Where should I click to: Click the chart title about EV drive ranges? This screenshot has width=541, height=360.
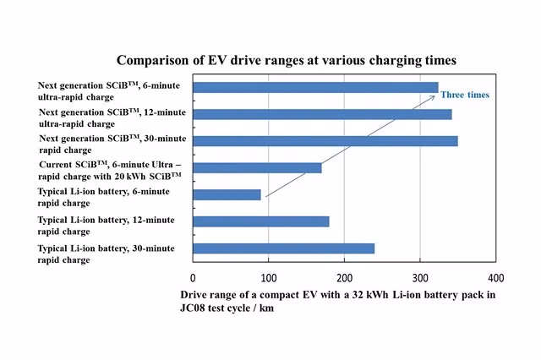(287, 60)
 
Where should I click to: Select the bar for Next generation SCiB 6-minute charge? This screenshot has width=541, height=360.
(315, 87)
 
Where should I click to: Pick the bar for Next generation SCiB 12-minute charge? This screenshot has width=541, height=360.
(323, 114)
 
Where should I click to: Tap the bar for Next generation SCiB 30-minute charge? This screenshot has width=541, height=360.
(325, 141)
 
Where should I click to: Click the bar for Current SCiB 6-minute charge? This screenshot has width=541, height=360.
(257, 168)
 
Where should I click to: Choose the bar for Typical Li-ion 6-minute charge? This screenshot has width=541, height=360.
(227, 195)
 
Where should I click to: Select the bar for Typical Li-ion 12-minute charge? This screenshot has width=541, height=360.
(261, 221)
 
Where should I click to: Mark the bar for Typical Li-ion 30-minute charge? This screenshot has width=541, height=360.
(284, 248)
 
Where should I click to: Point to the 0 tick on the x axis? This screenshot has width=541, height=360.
(193, 278)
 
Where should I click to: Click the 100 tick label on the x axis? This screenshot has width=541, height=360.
(269, 278)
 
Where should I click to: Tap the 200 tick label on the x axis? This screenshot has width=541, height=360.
(344, 278)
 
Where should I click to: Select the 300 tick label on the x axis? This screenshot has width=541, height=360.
(420, 278)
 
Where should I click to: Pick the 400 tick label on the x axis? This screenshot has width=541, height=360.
(496, 278)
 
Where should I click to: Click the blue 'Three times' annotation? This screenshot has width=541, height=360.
(465, 95)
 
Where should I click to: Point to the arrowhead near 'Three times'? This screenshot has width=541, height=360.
(434, 96)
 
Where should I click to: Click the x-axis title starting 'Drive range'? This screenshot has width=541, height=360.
(338, 301)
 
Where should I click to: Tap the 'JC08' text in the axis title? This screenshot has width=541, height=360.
(192, 308)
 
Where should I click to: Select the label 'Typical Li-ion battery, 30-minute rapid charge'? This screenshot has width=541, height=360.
(106, 254)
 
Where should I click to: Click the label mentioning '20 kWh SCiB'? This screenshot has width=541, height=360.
(110, 171)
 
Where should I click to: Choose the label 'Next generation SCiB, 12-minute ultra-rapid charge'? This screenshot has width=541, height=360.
(112, 118)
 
